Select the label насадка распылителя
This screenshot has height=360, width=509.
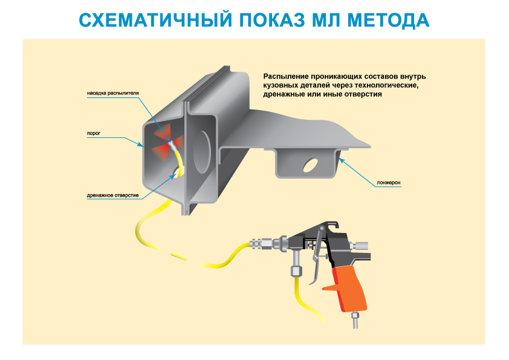click(112, 94)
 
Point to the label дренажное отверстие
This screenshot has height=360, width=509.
click(113, 195)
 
